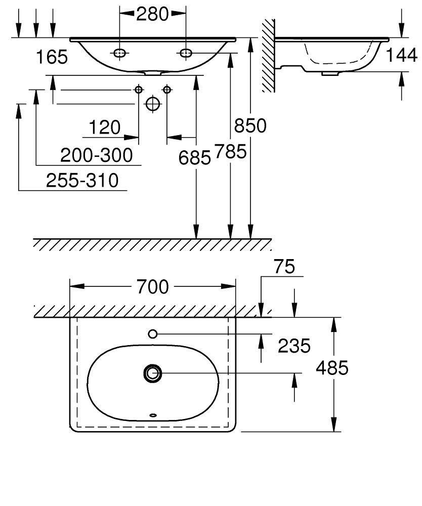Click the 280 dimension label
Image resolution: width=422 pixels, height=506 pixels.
[x=152, y=14]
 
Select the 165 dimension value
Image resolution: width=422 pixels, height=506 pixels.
[x=52, y=57]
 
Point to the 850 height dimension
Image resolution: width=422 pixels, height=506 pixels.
[x=250, y=125]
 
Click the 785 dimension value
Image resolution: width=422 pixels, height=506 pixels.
[x=230, y=151]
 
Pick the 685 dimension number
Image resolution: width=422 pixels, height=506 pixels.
[x=194, y=158]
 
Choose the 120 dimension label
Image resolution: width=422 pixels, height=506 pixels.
[x=105, y=127]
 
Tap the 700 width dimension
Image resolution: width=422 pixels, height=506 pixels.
[x=152, y=287]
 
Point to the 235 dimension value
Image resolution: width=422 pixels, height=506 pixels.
[x=293, y=346]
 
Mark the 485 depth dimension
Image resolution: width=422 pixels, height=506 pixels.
[x=332, y=368]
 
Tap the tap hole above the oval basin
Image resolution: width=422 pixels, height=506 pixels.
[x=153, y=333]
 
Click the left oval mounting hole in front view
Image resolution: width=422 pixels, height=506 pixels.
[x=120, y=53]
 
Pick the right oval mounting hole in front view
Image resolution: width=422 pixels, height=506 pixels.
[x=186, y=53]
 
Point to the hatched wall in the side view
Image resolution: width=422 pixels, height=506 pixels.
[x=268, y=56]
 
